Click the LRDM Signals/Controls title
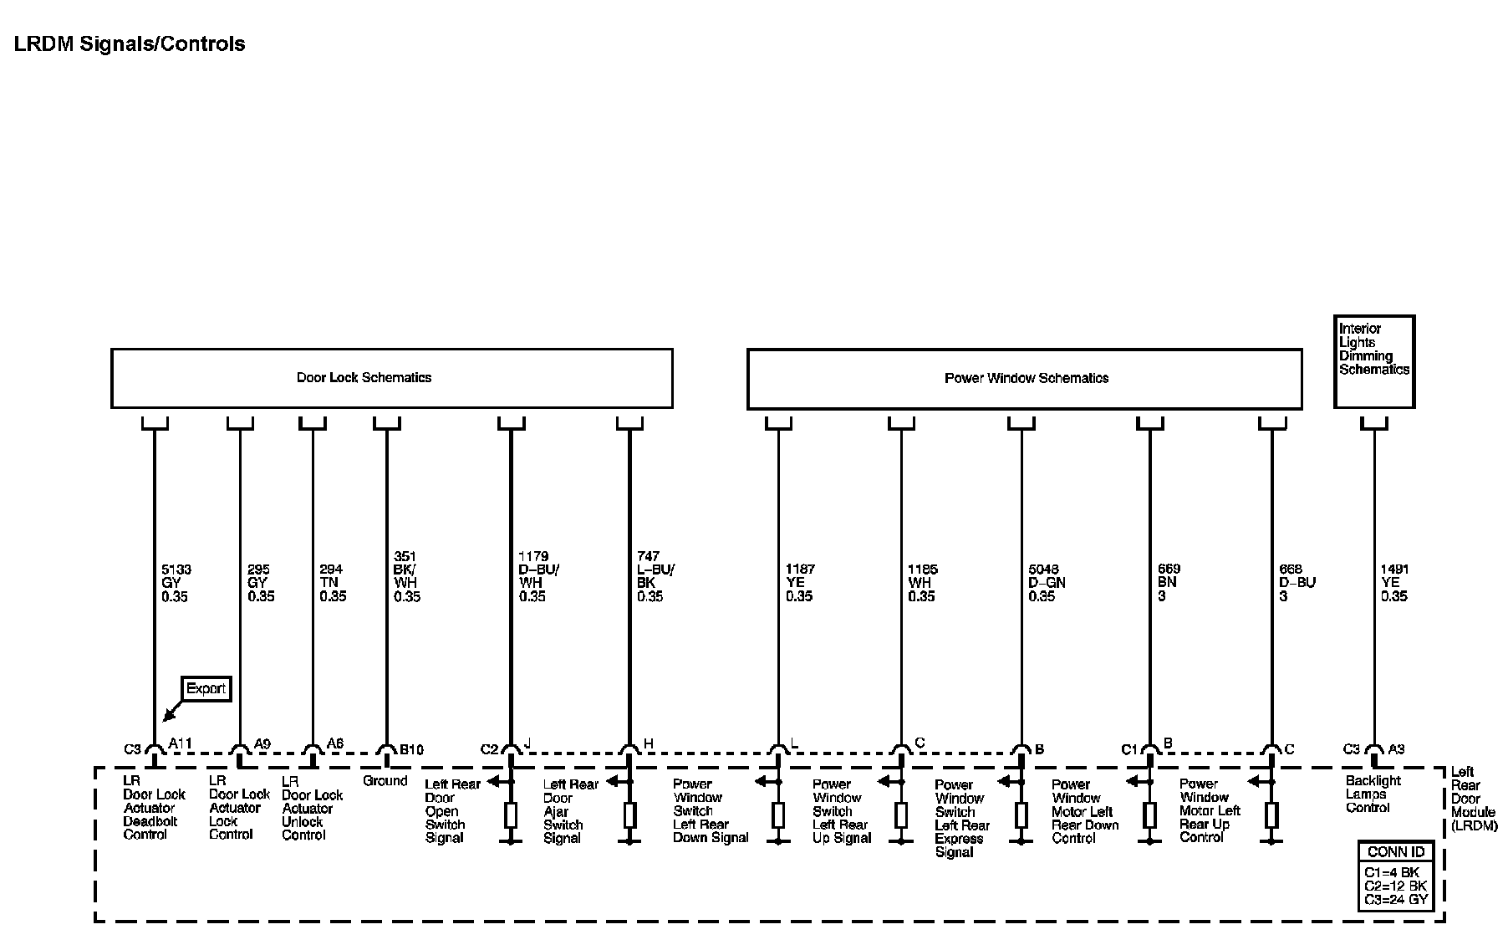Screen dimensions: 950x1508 tap(130, 44)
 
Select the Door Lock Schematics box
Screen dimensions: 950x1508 tap(391, 378)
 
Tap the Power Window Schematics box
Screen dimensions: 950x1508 tap(1024, 379)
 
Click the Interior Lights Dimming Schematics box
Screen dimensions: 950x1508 tap(1373, 361)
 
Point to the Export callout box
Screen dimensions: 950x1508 tap(206, 689)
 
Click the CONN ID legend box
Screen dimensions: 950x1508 tap(1395, 876)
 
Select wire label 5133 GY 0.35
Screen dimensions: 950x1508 tap(175, 583)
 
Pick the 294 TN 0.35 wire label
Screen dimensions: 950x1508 tap(332, 583)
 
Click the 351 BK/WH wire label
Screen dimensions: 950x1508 tap(406, 576)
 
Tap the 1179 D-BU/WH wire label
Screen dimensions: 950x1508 tap(537, 576)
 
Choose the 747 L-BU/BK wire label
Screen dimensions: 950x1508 tap(655, 576)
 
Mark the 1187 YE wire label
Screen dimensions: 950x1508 tap(800, 583)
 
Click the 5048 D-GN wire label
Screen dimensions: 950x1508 tap(1047, 583)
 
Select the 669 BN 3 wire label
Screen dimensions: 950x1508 tap(1169, 583)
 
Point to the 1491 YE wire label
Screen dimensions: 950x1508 tap(1394, 583)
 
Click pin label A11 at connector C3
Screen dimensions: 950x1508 tap(180, 743)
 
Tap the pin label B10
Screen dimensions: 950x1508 tap(410, 749)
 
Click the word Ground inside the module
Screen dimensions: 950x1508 tap(385, 781)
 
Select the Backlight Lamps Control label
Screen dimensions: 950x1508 tap(1373, 794)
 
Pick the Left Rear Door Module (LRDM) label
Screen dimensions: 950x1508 tap(1473, 799)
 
